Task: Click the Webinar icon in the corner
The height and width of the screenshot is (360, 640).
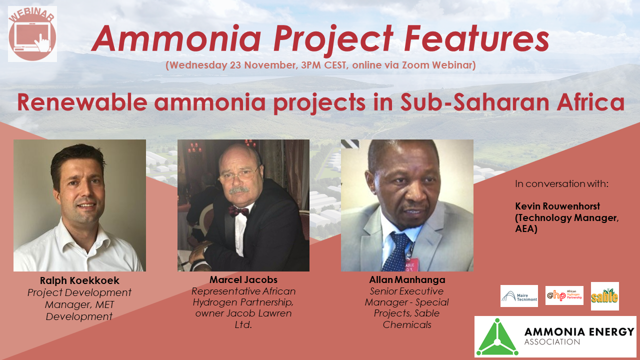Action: tap(32, 34)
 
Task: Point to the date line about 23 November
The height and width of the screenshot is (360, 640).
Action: tap(320, 65)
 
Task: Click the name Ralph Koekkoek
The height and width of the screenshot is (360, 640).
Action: tap(79, 280)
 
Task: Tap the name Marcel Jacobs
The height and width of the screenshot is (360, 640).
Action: tap(243, 279)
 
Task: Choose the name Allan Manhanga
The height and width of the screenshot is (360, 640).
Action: tap(406, 279)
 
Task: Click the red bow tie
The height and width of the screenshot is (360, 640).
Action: tap(239, 211)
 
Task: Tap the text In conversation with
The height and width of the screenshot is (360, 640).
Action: tap(561, 184)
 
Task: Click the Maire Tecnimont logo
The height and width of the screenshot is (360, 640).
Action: tap(519, 296)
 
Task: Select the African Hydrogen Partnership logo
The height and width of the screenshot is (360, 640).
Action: tap(564, 295)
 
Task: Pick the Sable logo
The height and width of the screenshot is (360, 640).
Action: tap(604, 296)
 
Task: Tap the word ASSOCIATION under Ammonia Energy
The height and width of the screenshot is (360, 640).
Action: tap(552, 342)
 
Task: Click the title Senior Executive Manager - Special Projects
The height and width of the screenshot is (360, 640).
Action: tap(406, 302)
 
